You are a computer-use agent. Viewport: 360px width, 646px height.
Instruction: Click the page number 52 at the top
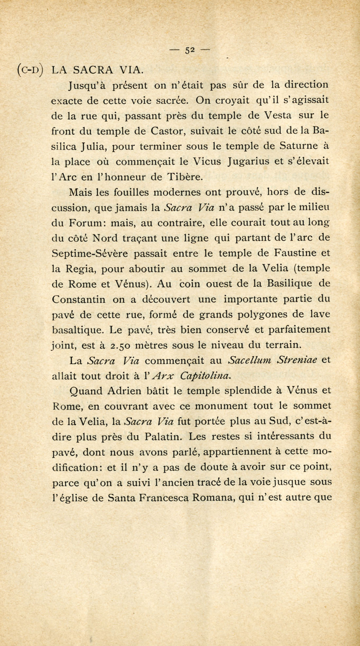(x=190, y=50)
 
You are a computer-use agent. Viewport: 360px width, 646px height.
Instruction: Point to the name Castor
(x=168, y=131)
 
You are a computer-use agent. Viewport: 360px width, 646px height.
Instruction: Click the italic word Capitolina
(x=206, y=376)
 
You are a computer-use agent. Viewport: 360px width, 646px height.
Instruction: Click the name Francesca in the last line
(x=163, y=498)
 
